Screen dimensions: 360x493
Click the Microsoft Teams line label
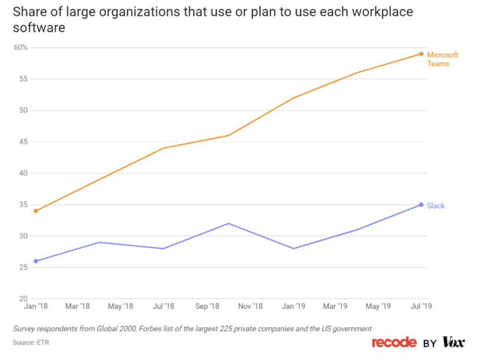point(442,59)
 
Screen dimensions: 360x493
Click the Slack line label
point(436,206)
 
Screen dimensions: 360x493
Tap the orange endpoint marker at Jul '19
point(421,54)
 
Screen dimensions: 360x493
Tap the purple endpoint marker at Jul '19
point(421,205)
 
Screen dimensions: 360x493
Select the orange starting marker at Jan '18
point(36,211)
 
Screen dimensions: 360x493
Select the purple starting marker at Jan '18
point(36,261)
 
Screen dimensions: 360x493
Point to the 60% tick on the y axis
point(21,48)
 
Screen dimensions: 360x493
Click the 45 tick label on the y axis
point(23,142)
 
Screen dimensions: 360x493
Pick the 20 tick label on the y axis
point(23,299)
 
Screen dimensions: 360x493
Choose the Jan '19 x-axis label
point(293,307)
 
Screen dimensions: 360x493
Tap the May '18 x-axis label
point(121,307)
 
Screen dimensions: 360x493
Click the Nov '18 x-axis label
point(250,307)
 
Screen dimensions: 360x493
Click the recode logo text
point(394,342)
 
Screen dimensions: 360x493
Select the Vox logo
point(454,342)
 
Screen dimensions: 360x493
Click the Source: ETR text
point(31,343)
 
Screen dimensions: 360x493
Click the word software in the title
point(39,28)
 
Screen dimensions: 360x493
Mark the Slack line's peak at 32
point(229,223)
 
